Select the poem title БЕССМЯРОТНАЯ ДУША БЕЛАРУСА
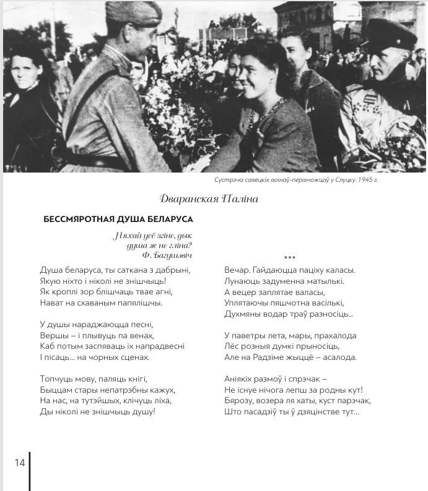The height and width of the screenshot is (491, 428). (x=118, y=219)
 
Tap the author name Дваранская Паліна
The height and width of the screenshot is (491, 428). (x=208, y=199)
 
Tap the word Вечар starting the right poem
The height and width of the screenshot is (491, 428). (x=237, y=270)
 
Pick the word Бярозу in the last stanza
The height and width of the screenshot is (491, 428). (x=240, y=401)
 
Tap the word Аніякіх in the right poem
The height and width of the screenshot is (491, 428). (x=241, y=379)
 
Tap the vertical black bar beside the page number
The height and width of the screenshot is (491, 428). (x=29, y=470)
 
